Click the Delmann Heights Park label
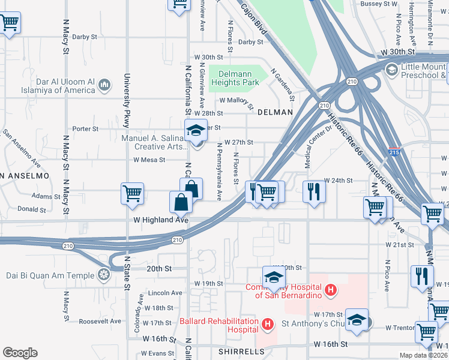pos(234,77)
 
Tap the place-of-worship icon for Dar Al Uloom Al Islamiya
pos(104,85)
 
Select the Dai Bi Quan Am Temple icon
pos(104,275)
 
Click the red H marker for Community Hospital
pos(329,291)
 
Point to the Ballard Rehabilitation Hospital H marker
pos(268,325)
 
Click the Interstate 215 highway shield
pos(394,152)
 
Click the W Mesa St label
pos(149,160)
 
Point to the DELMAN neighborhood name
pos(275,112)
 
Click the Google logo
pos(20,352)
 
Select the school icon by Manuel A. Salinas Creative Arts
pos(195,130)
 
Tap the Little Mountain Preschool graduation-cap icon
pos(391,71)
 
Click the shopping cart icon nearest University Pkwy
pos(132,193)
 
